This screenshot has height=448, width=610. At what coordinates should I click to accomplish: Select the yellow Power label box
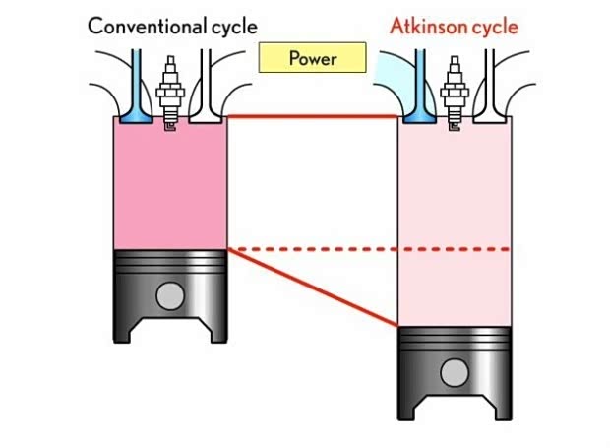click(x=313, y=58)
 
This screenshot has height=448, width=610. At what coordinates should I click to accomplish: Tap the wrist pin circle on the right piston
click(x=455, y=372)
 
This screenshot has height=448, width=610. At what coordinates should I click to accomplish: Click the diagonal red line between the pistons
click(x=315, y=288)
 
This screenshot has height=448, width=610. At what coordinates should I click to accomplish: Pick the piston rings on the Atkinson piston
click(x=455, y=340)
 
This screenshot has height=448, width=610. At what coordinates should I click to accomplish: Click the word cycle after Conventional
click(x=230, y=26)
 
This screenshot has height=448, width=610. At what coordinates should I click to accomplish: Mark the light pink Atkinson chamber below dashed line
click(x=455, y=288)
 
